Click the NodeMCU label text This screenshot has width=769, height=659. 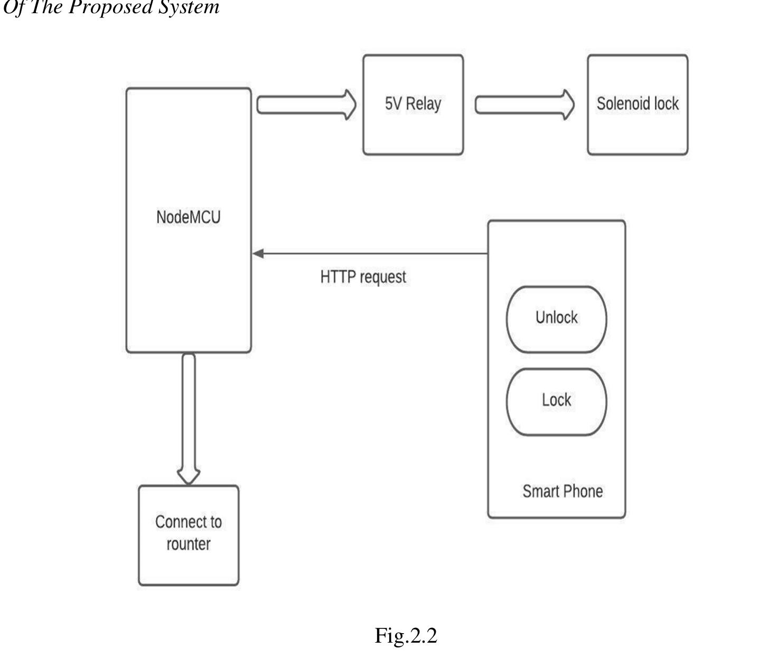coord(188,217)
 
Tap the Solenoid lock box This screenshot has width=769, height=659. coord(637,132)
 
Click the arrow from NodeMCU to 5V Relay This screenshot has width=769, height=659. coord(306,105)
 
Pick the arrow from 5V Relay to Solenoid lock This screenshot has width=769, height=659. coord(524,105)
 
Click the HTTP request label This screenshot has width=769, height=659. coord(363,277)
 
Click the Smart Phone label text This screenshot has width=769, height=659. coord(562,491)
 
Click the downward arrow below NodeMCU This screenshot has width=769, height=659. coord(189,417)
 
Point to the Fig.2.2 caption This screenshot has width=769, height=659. coord(406,635)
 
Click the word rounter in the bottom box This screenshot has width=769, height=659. coord(189,544)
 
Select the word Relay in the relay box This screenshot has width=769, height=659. coord(424,104)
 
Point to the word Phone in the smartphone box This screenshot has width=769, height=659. coord(583,491)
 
